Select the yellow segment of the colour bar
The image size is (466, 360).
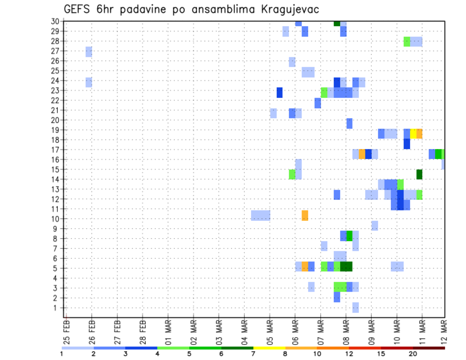tap(269, 348)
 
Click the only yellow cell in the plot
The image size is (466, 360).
tap(413, 133)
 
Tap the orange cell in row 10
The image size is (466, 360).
tap(305, 215)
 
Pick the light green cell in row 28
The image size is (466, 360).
tap(407, 42)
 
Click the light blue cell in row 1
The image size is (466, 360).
tap(356, 308)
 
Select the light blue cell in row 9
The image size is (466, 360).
tap(375, 226)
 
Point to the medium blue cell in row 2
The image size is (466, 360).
tap(337, 297)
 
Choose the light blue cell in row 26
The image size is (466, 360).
tap(292, 62)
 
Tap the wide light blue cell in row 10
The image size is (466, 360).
tap(261, 215)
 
